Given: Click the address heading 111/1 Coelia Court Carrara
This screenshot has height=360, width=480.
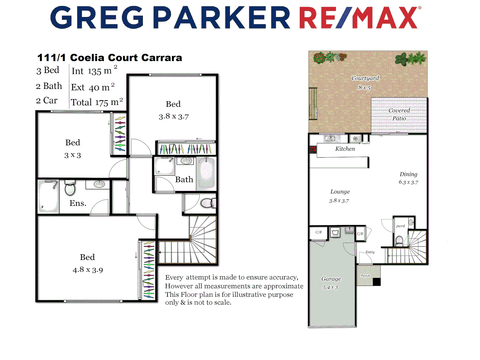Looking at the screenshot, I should [x=109, y=58].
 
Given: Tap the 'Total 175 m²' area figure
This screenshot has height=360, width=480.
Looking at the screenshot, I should [x=97, y=102].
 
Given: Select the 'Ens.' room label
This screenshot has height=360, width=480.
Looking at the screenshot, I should [x=78, y=203].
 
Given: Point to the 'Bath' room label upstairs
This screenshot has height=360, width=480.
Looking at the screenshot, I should [x=184, y=180].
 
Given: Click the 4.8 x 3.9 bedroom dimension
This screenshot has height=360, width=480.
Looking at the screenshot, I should [x=88, y=270].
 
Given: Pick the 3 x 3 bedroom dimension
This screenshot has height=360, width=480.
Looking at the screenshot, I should [x=72, y=155].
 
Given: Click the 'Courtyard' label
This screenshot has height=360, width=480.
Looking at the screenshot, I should [x=365, y=78].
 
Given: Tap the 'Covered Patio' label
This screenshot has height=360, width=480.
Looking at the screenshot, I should [x=399, y=114].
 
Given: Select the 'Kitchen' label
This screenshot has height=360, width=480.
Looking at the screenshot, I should [x=345, y=149].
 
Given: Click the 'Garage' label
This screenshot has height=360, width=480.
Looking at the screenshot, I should [x=331, y=279].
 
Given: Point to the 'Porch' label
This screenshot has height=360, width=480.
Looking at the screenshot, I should [x=365, y=276].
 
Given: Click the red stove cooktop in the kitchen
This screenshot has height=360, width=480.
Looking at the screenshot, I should [x=313, y=149].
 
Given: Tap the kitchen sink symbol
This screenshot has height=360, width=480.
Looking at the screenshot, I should [x=330, y=138].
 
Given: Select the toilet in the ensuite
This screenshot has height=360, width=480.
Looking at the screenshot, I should [x=70, y=188].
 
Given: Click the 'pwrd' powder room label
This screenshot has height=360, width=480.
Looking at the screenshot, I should [x=400, y=226].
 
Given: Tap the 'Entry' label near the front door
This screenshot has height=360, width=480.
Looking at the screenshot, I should [x=370, y=252].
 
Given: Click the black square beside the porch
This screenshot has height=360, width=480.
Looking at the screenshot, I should [x=377, y=282].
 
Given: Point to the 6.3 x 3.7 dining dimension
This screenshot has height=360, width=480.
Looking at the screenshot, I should [x=408, y=182].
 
